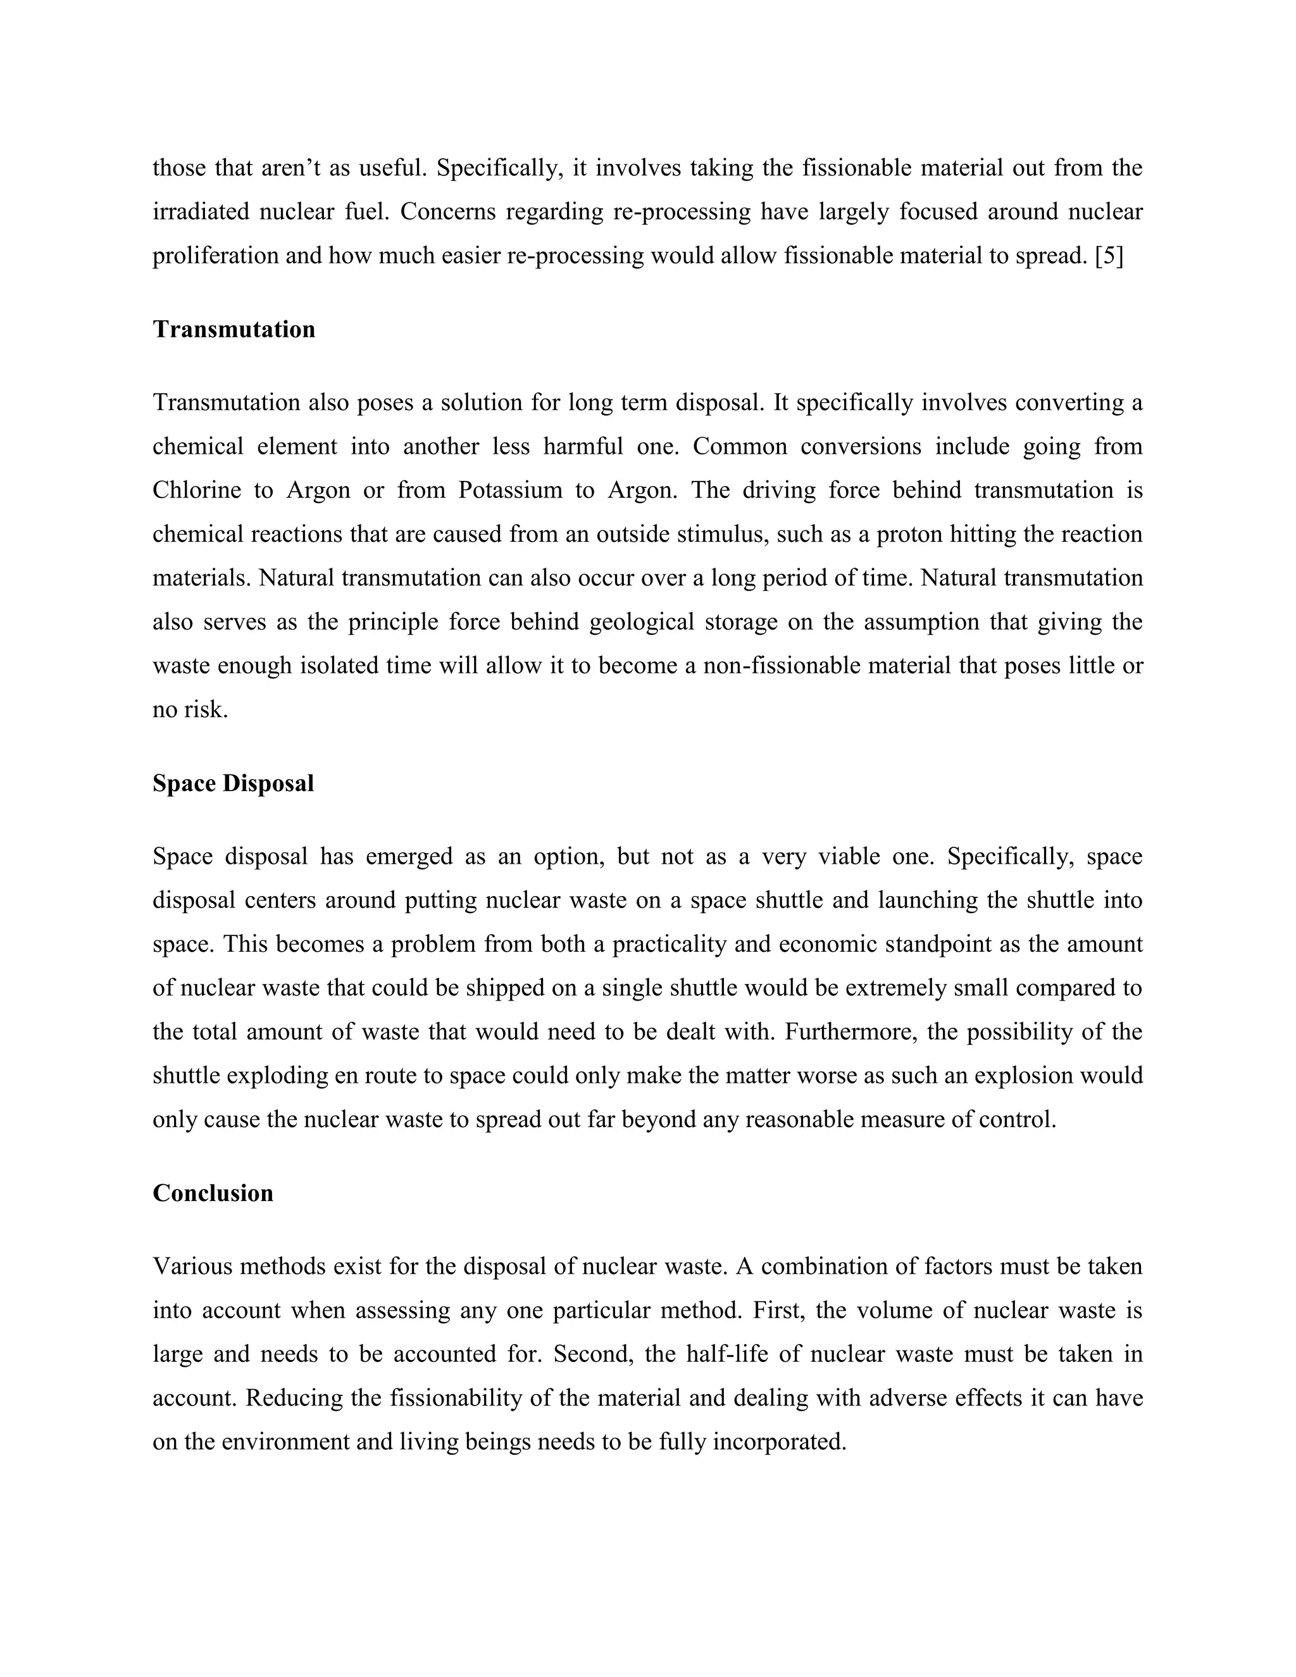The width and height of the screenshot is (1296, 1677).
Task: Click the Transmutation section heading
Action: tap(234, 330)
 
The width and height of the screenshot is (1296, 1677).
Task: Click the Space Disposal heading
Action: tap(234, 783)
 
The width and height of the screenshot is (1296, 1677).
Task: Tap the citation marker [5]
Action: tap(1109, 256)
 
